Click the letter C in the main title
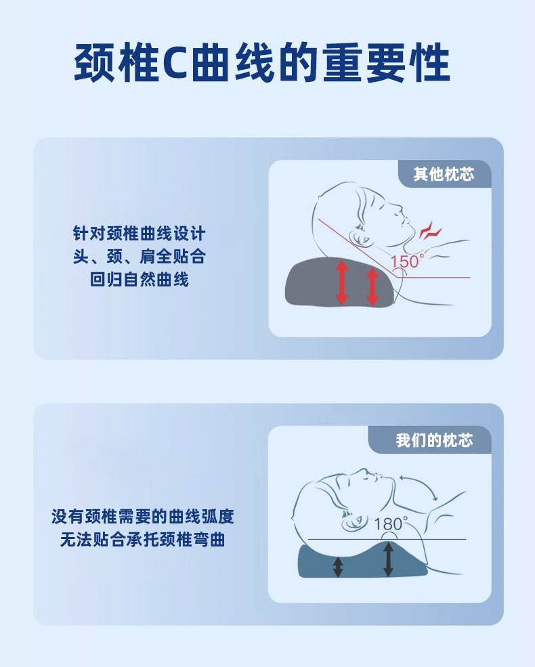coord(175,62)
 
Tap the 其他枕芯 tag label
coord(444,174)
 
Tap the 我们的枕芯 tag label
coord(434,440)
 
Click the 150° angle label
coord(407,261)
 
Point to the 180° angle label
coord(390,523)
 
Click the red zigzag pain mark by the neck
coord(431,230)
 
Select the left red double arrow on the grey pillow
coord(341,282)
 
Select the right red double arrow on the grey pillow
coord(372,287)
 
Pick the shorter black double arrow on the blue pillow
coord(338,567)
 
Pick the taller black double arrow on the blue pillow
coord(388,560)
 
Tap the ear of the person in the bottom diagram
coord(354,522)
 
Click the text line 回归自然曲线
coord(139,280)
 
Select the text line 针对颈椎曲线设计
coord(139,234)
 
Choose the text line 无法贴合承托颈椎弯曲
coord(142,540)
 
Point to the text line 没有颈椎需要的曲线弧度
coord(142,517)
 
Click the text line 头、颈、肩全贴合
coord(139,257)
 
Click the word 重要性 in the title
coord(386,62)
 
